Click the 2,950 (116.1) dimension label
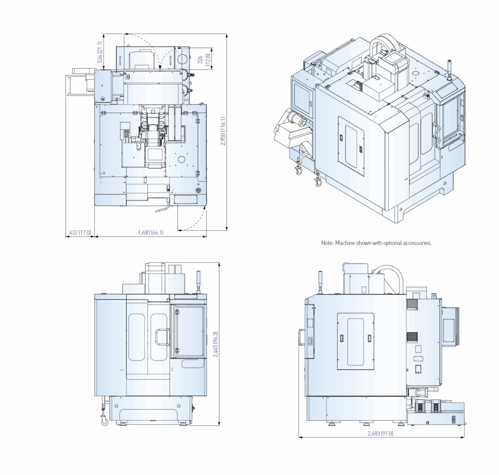[x=223, y=132]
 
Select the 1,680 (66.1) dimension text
[x=151, y=232]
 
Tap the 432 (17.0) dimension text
[x=80, y=232]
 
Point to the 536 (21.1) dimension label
[x=99, y=52]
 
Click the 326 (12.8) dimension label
[x=204, y=59]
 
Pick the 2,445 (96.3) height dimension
[x=215, y=344]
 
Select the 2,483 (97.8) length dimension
[x=380, y=433]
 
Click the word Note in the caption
[x=326, y=243]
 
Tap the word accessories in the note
[x=417, y=243]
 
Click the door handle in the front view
[x=162, y=337]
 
